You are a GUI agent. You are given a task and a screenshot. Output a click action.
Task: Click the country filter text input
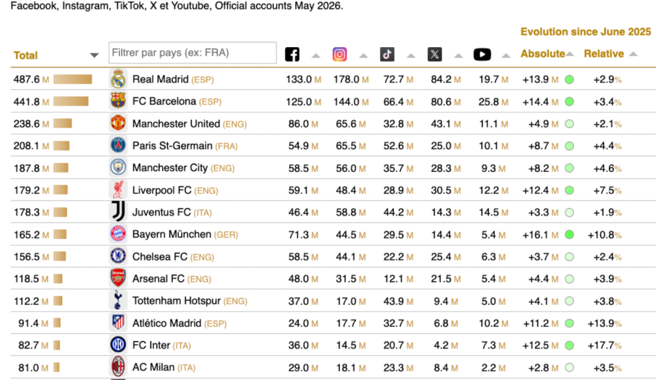pyautogui.click(x=193, y=53)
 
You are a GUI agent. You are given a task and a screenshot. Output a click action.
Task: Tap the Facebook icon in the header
pyautogui.click(x=292, y=55)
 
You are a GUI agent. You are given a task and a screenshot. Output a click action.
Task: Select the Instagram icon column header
pyautogui.click(x=340, y=55)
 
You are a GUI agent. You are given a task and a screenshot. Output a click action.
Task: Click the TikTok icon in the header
pyautogui.click(x=387, y=55)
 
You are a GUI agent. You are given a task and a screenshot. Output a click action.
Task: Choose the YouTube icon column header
pyautogui.click(x=482, y=55)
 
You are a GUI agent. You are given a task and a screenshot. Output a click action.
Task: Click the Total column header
pyautogui.click(x=25, y=55)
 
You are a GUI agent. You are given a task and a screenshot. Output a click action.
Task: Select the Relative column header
pyautogui.click(x=603, y=54)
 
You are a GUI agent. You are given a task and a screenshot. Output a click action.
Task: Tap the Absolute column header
pyautogui.click(x=543, y=54)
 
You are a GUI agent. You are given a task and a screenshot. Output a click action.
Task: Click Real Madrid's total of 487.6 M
pyautogui.click(x=31, y=79)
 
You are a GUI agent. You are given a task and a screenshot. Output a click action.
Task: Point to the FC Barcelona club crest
pyautogui.click(x=118, y=101)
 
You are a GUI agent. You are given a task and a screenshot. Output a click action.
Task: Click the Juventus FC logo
pyautogui.click(x=118, y=211)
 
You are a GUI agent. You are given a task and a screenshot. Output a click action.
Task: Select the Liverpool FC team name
pyautogui.click(x=162, y=190)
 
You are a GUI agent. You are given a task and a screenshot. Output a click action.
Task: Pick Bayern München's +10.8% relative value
pyautogui.click(x=605, y=235)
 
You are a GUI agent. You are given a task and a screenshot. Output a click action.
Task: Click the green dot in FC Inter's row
pyautogui.click(x=569, y=345)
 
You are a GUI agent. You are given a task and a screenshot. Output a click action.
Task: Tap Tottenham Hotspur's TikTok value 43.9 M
pyautogui.click(x=398, y=301)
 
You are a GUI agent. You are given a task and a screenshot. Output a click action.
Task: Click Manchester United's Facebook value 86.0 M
pyautogui.click(x=303, y=124)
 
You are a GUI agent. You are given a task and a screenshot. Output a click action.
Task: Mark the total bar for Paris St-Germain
pyautogui.click(x=61, y=146)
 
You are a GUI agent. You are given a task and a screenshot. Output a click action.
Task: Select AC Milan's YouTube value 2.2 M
pyautogui.click(x=493, y=368)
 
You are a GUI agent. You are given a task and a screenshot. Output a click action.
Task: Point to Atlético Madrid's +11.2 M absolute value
pyautogui.click(x=541, y=323)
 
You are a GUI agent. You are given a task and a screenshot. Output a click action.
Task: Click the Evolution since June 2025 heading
pyautogui.click(x=586, y=32)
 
